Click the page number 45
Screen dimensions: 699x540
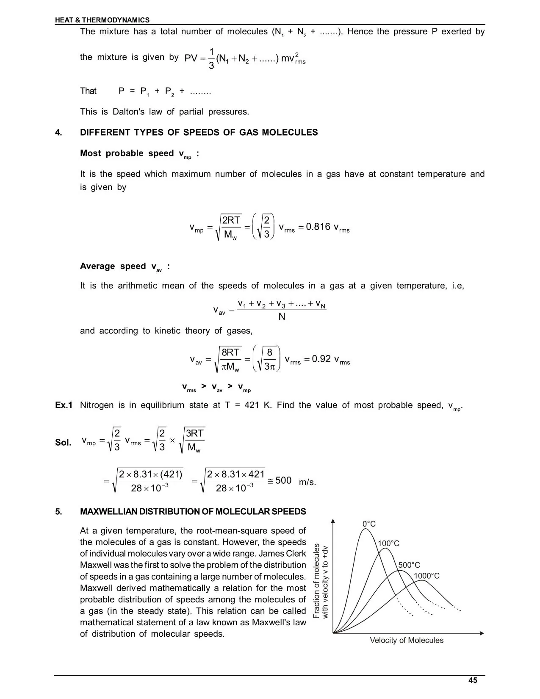pyautogui.click(x=473, y=680)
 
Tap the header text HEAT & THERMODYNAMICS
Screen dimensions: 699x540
pyautogui.click(x=102, y=20)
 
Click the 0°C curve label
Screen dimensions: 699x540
pyautogui.click(x=369, y=524)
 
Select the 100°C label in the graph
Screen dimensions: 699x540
pyautogui.click(x=388, y=544)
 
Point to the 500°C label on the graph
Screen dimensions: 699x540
pyautogui.click(x=409, y=565)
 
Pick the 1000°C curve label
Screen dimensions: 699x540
pyautogui.click(x=426, y=576)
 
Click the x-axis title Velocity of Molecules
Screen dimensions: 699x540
pyautogui.click(x=407, y=640)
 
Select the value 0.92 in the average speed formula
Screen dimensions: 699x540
pyautogui.click(x=321, y=359)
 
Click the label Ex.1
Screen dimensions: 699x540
pyautogui.click(x=64, y=405)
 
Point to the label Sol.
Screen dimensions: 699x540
pyautogui.click(x=63, y=443)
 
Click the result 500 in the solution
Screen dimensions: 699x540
pyautogui.click(x=283, y=480)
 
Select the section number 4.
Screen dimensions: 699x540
pyautogui.click(x=58, y=133)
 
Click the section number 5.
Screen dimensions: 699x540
pyautogui.click(x=58, y=512)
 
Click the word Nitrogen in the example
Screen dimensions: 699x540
pyautogui.click(x=97, y=405)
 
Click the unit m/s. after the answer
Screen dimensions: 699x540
pyautogui.click(x=307, y=482)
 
